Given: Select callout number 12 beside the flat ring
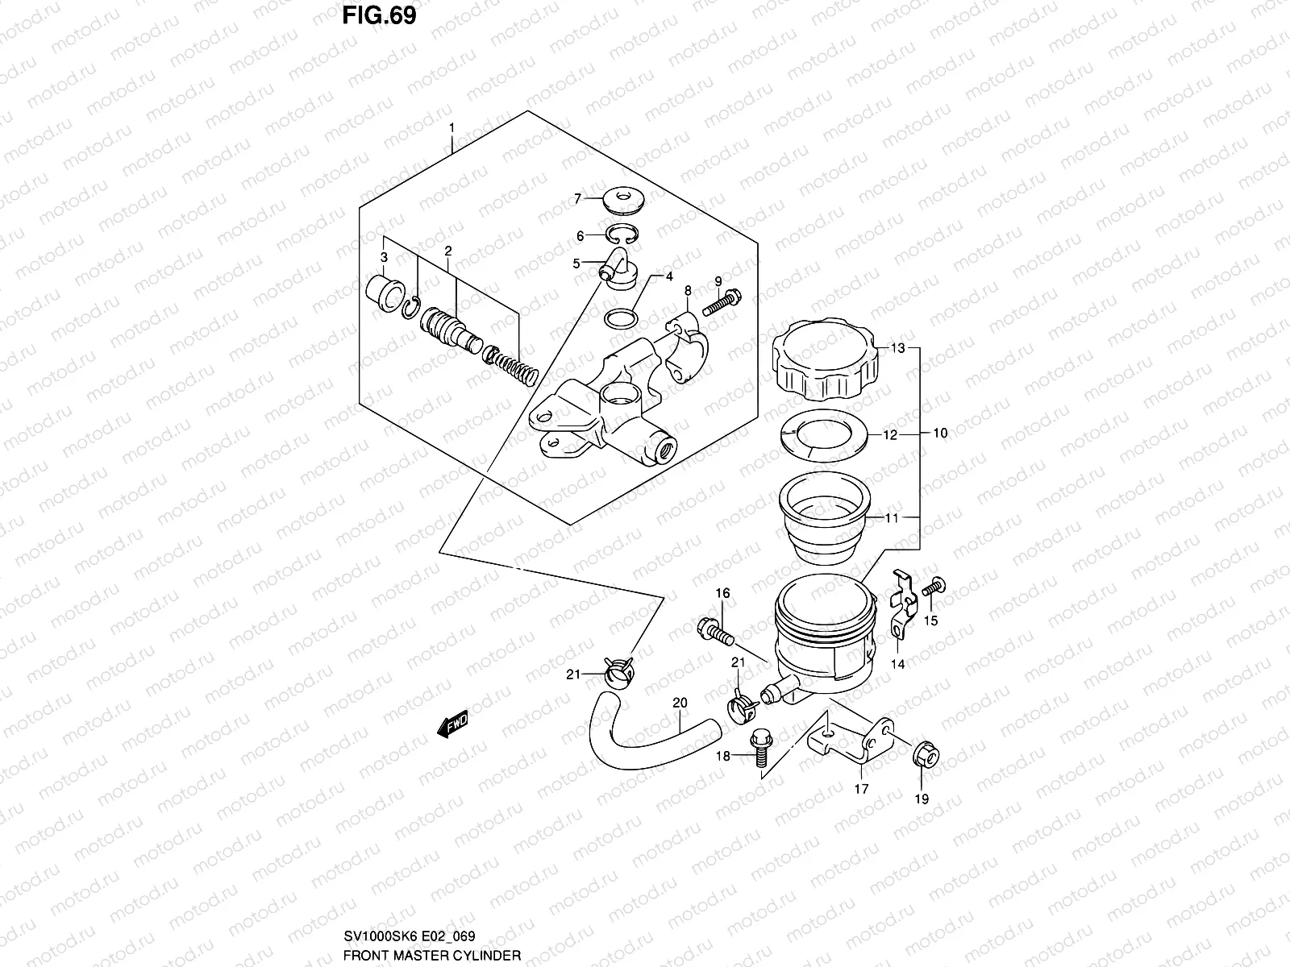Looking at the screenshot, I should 890,435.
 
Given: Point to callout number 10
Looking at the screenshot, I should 940,434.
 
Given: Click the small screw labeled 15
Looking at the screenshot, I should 934,588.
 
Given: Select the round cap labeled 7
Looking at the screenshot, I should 626,197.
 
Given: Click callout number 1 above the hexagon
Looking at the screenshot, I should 452,127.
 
